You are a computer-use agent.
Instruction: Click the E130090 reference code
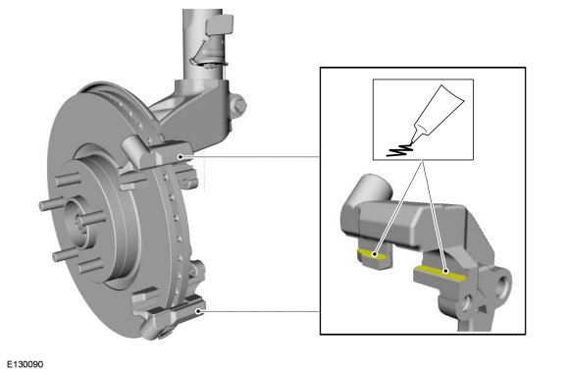point(26,364)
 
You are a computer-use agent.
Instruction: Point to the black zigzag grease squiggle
point(399,149)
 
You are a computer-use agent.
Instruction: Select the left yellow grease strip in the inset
point(372,254)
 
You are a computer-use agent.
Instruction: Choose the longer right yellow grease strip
point(440,273)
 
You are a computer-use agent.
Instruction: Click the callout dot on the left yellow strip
point(375,254)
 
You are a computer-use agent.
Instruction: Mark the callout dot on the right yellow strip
point(446,271)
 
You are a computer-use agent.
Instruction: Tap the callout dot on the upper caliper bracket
point(180,157)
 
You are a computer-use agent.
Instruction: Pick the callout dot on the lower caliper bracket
point(198,311)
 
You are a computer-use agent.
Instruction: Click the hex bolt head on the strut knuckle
point(237,105)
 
